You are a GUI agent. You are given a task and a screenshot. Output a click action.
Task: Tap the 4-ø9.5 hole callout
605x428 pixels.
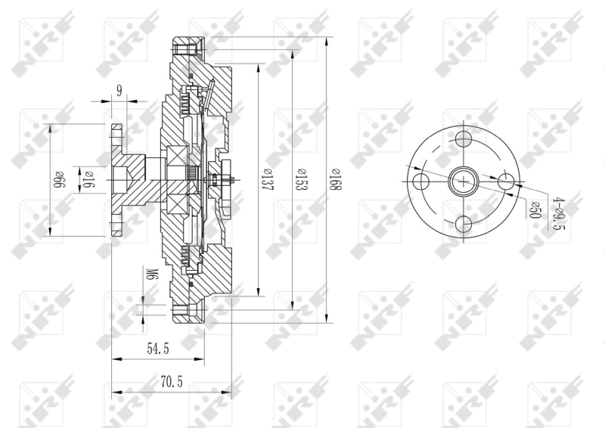point(560,212)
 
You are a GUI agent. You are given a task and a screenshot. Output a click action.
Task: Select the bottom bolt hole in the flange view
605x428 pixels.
point(464,224)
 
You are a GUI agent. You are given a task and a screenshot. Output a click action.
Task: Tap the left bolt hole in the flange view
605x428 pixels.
point(421,181)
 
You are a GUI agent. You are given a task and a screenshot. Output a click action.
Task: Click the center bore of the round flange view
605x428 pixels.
point(464,181)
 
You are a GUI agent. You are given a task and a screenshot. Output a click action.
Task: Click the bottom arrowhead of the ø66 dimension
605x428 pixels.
point(51,233)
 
